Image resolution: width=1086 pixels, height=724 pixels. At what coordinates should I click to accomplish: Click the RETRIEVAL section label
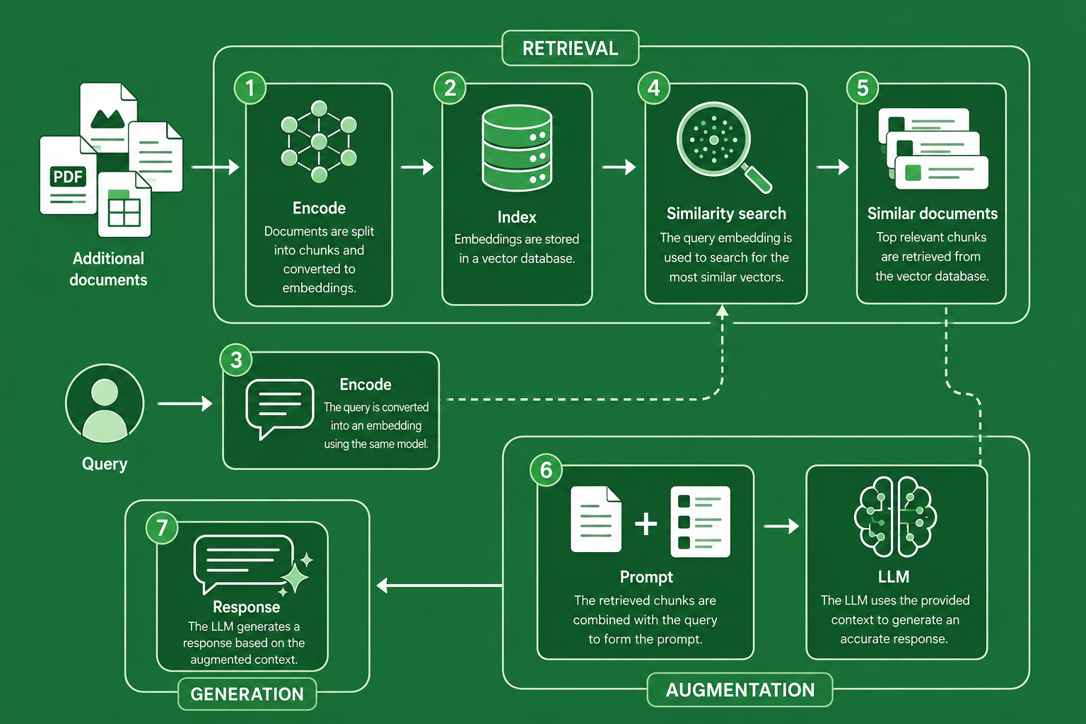pos(570,48)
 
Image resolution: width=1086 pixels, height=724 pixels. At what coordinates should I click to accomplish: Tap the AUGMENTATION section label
pos(740,689)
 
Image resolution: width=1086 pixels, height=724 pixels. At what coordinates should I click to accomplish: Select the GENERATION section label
pos(247,694)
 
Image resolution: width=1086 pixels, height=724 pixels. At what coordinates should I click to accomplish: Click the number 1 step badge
pos(250,88)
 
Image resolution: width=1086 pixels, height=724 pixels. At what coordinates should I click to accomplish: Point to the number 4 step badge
pos(653,88)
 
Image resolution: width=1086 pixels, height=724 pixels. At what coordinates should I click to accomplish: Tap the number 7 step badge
pos(162,527)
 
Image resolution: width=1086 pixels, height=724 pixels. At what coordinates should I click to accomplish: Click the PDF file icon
pos(68,175)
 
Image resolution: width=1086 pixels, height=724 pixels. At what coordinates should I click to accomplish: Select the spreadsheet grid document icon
pos(124,204)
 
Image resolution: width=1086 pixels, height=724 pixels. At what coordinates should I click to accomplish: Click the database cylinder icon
pos(517,148)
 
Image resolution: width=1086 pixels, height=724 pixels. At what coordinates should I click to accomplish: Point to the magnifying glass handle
pos(757,178)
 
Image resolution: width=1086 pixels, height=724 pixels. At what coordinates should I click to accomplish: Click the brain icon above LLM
pos(895,516)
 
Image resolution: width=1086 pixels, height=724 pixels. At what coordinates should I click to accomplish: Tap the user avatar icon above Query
pos(105,404)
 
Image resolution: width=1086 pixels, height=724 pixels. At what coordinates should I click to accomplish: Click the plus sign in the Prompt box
pos(646,524)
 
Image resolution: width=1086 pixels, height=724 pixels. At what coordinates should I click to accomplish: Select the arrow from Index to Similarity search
pos(619,167)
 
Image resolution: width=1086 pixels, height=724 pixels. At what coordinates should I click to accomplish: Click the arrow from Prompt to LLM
pos(781,525)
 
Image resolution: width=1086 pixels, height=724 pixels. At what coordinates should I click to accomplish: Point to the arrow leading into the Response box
pos(439,585)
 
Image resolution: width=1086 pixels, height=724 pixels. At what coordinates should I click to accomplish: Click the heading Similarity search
pos(726,214)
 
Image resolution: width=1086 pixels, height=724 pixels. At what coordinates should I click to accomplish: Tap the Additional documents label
pos(108,269)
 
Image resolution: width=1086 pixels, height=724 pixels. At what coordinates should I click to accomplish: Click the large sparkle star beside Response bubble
pos(295,578)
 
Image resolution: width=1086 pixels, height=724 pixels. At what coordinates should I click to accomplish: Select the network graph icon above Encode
pos(319,141)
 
